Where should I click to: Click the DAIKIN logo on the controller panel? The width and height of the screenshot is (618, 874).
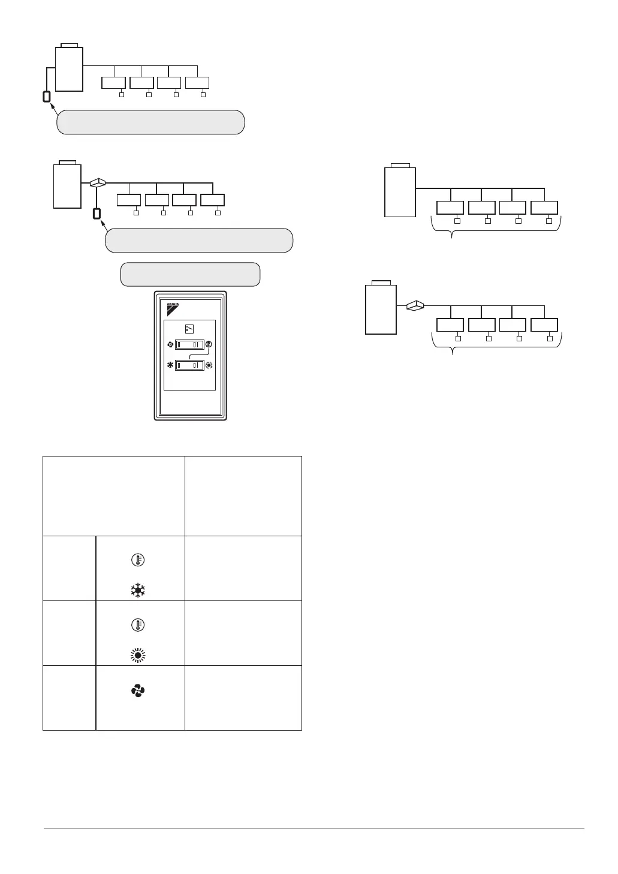pos(172,310)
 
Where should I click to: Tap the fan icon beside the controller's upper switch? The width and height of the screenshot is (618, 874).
pos(170,345)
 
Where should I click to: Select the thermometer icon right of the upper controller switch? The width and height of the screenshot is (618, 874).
pos(209,345)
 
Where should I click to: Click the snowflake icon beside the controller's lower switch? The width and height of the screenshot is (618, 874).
pos(170,365)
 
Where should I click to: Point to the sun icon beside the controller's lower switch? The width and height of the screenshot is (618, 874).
pos(209,365)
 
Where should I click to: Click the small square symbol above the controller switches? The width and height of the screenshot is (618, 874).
pos(189,329)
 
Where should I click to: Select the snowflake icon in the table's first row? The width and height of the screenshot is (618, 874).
pos(138,590)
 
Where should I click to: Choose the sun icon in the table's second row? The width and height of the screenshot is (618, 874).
pos(138,655)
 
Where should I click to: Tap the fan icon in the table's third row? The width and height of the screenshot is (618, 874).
pos(138,691)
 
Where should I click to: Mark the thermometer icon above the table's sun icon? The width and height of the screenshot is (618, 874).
pos(138,625)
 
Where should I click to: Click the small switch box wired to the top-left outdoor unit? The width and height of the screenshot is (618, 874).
pos(47,96)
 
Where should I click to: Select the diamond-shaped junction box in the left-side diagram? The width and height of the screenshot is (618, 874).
pos(97,182)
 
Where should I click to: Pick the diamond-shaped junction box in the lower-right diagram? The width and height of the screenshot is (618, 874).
pos(415,306)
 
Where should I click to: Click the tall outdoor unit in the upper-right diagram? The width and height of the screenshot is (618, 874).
pos(400,191)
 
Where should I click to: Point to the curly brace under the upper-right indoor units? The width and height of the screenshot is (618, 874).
pos(496,228)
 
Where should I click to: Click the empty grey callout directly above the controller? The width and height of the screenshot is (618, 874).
pos(191,274)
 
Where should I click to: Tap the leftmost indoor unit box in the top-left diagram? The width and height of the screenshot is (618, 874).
pos(113,84)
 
